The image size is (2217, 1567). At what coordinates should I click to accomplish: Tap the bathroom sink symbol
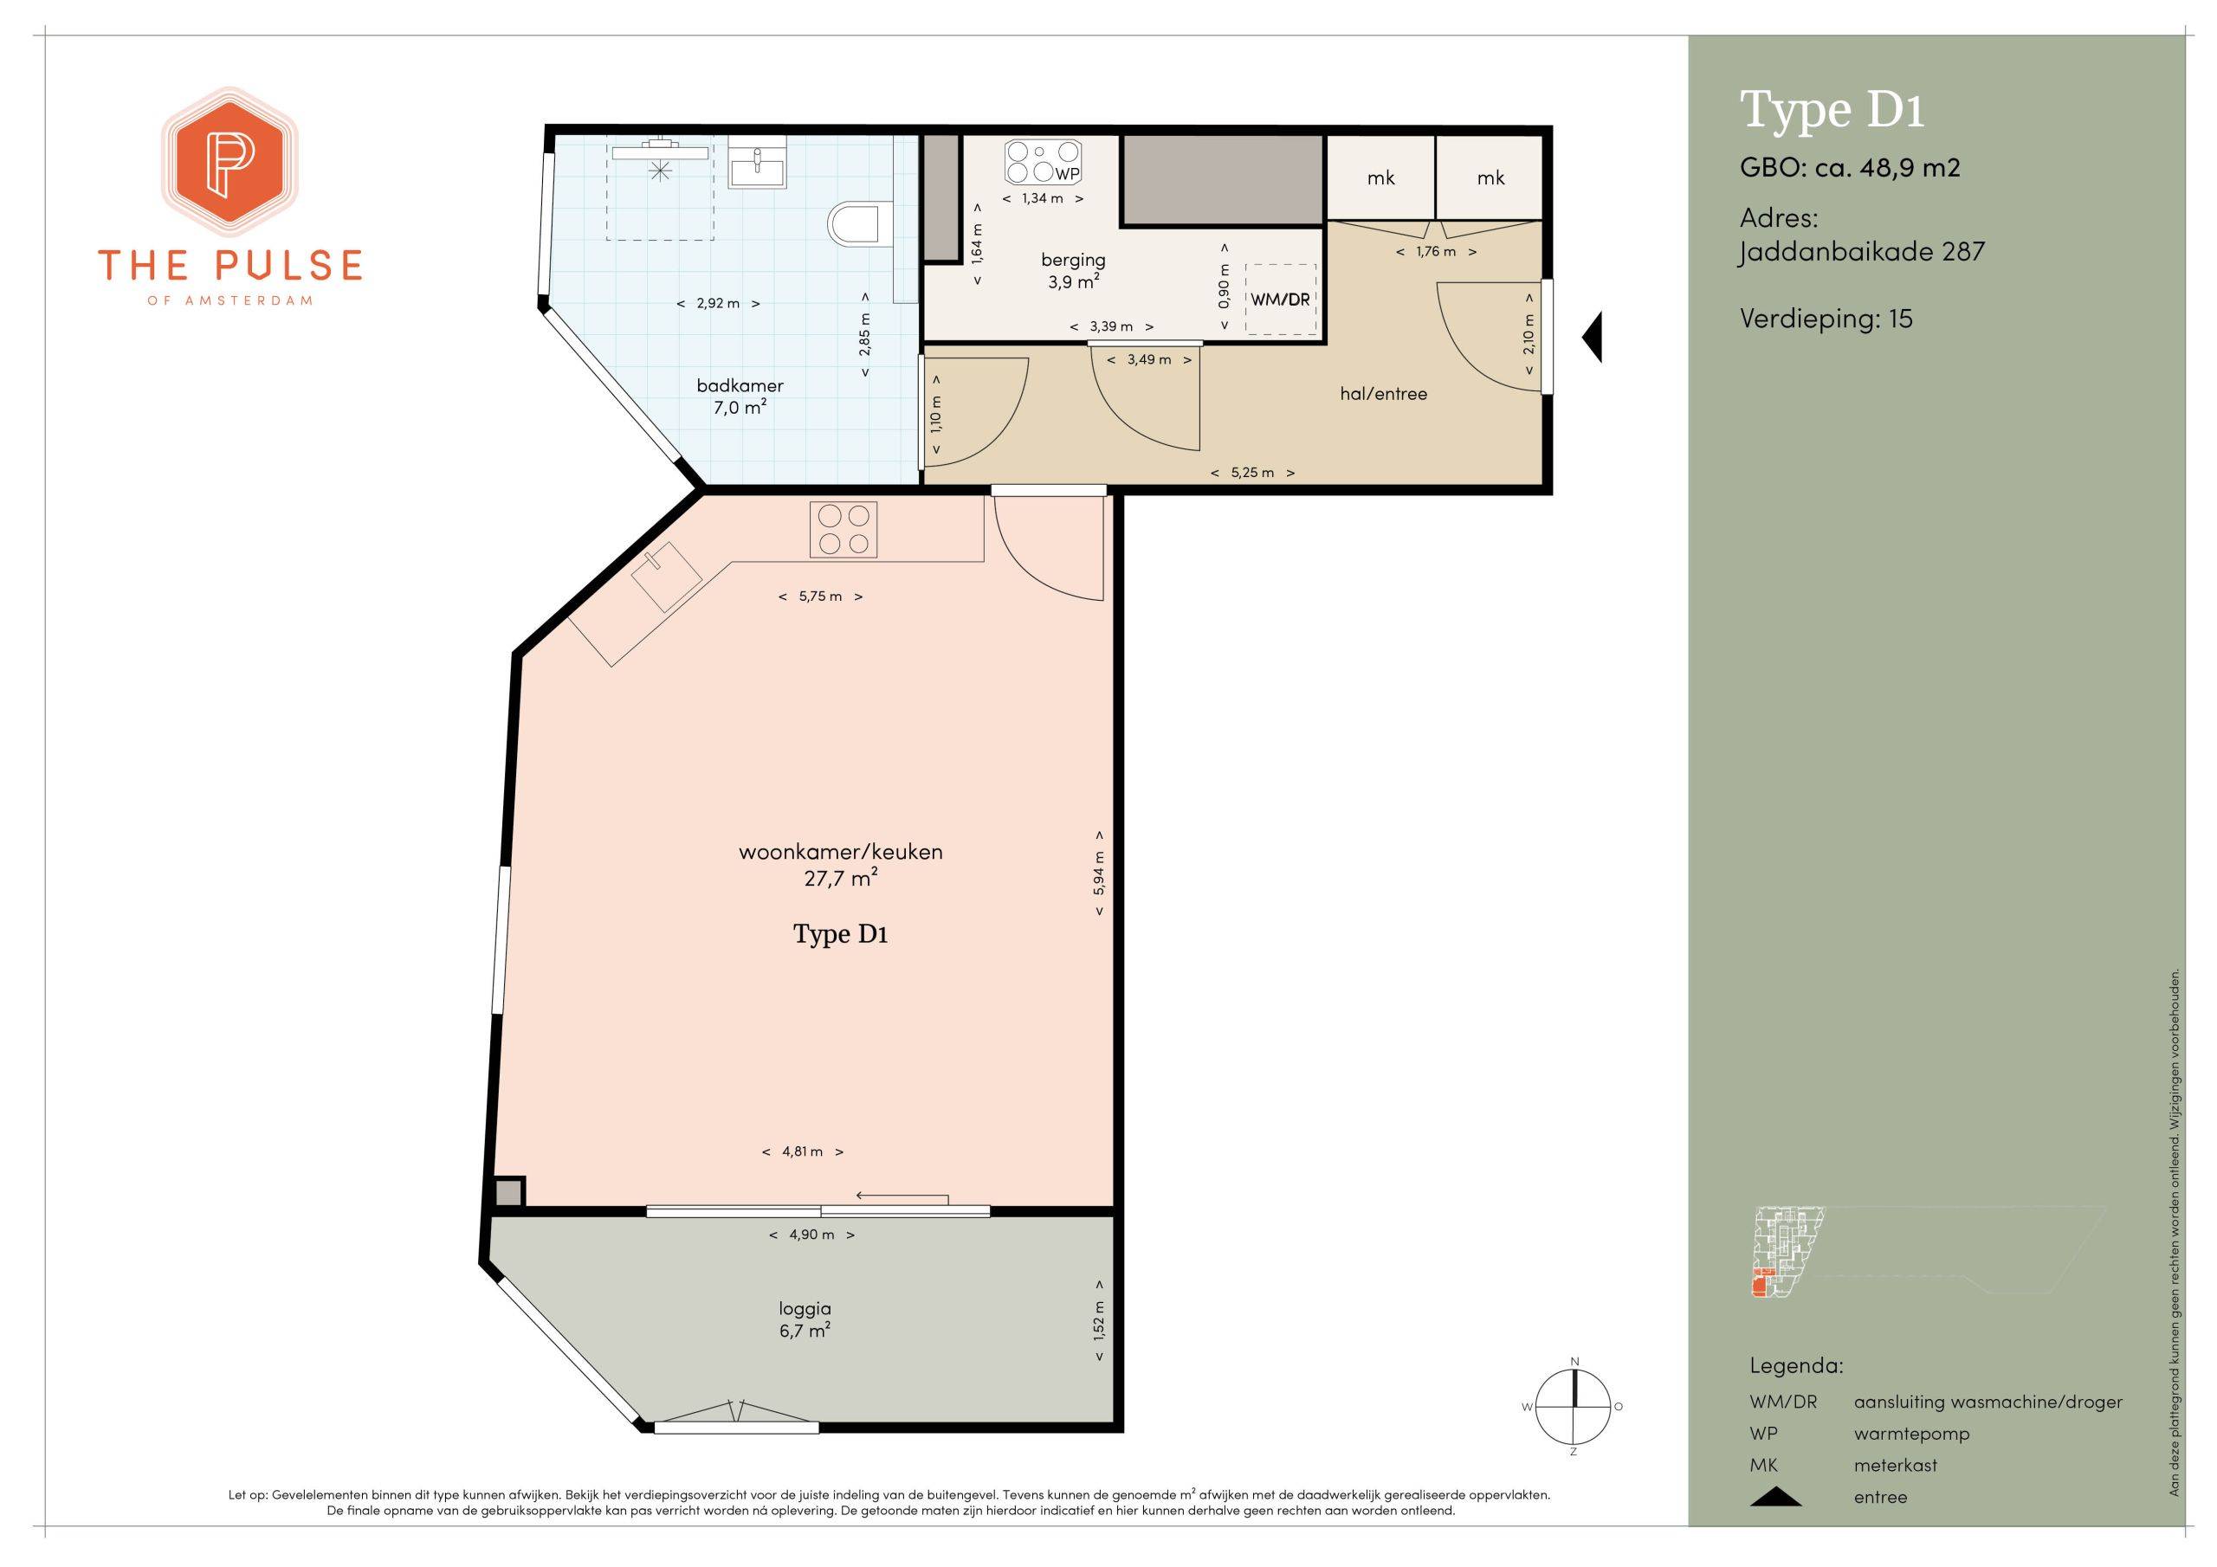(757, 162)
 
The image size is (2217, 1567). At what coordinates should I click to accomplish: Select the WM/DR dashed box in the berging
(1280, 300)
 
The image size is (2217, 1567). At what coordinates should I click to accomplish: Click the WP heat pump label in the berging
(1067, 174)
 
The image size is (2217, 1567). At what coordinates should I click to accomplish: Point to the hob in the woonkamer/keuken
(843, 529)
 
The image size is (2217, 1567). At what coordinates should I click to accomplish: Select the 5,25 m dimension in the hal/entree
(1252, 473)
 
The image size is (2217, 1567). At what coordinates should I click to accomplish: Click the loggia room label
(805, 1308)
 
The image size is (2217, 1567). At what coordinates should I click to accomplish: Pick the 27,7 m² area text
(840, 879)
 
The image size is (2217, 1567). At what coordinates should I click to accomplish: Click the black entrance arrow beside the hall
(1593, 337)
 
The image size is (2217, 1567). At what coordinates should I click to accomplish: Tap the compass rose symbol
(1573, 1407)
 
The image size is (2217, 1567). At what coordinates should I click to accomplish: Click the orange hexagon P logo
(229, 161)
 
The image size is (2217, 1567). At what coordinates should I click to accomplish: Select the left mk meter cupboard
(1380, 177)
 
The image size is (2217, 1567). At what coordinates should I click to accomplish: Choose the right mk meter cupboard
(1490, 177)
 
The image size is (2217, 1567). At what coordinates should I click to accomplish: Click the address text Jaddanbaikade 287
(1862, 252)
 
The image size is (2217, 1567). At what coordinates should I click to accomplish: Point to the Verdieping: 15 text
(1826, 319)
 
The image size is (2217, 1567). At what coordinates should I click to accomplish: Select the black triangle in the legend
(1775, 1497)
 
